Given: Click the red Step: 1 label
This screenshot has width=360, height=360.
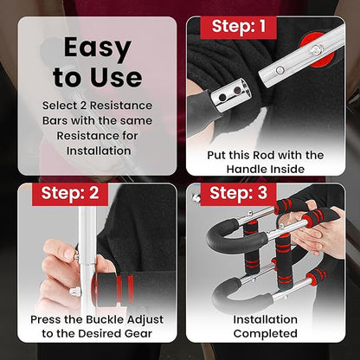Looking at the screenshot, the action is point(239,28).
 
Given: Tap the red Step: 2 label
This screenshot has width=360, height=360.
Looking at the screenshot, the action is point(70,194).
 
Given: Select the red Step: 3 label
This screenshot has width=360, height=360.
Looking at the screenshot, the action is point(239,194).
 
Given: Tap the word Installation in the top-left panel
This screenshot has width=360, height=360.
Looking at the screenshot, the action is point(99,151).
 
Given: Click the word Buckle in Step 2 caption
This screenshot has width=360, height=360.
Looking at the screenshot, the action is point(105,319).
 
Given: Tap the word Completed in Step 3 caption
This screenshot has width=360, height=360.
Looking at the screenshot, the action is point(266,334).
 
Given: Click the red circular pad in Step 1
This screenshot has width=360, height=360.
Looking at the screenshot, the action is point(318,49).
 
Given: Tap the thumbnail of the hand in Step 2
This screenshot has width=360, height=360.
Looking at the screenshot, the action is point(68,254).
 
